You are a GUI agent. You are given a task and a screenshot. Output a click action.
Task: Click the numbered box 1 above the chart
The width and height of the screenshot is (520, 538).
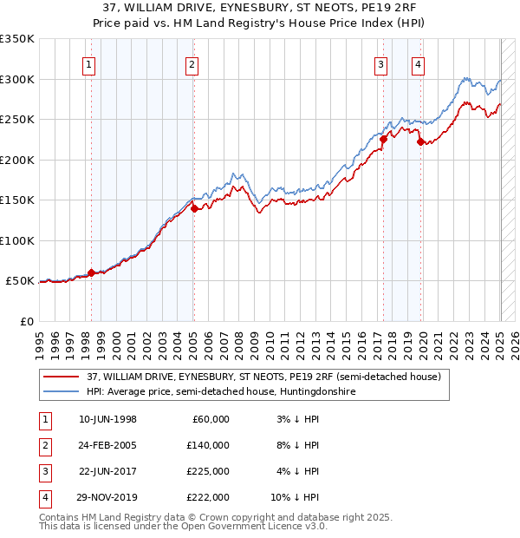90,63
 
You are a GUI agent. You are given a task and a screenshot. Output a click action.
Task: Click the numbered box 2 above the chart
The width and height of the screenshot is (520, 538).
192,63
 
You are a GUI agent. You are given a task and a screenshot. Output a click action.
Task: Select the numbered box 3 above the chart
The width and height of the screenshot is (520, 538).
380,63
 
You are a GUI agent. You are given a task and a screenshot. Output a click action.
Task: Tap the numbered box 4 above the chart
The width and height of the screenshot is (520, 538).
418,63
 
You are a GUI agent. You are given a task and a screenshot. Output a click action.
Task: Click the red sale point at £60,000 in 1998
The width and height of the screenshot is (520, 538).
91,272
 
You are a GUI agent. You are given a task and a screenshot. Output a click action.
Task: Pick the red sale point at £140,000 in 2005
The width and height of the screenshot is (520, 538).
194,208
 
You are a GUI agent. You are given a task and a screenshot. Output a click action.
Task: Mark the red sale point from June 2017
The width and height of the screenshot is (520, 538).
383,139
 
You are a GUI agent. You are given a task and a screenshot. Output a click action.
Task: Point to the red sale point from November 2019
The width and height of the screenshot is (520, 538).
420,141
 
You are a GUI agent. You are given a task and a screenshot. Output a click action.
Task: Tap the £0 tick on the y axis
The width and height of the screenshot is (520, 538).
26,321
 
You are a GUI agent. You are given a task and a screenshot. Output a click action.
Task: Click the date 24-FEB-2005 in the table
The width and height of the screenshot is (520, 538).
108,445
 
